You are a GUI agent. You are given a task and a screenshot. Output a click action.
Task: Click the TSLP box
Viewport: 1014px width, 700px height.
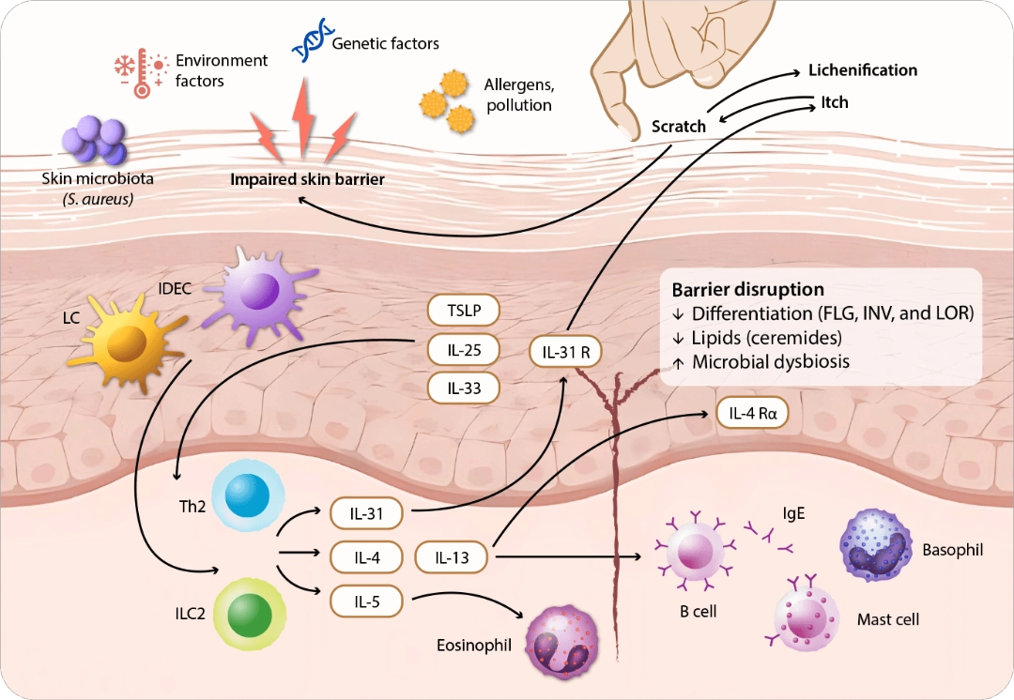tap(462, 311)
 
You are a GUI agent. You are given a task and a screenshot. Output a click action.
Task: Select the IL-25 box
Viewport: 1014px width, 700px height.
tap(462, 349)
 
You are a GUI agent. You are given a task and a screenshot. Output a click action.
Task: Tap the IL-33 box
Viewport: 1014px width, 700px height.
tap(462, 387)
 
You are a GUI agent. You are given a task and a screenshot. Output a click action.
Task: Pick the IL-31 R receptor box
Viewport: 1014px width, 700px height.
tap(565, 352)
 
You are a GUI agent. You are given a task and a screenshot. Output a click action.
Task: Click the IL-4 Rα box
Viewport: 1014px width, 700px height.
tap(752, 412)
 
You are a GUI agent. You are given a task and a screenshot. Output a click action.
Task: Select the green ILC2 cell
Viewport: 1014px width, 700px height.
tap(243, 611)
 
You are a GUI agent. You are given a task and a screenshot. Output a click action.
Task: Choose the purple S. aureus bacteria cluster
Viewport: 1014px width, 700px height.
tap(95, 141)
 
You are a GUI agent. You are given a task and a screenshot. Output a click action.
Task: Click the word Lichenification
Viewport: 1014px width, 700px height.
tap(863, 70)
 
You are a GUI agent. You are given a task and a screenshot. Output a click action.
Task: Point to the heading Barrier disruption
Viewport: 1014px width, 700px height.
tap(747, 290)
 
